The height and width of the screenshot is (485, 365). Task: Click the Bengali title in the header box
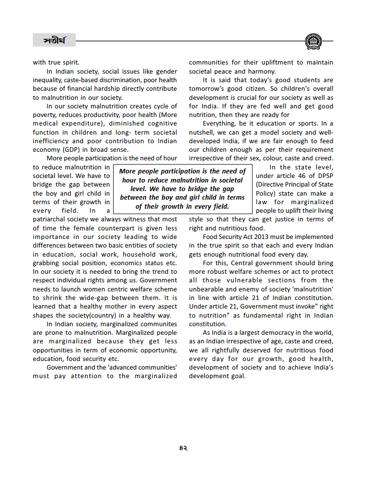point(54,40)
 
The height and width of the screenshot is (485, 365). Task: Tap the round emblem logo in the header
point(314,41)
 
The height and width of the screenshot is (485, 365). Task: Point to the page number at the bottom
point(183,448)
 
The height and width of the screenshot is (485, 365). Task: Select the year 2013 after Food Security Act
point(263,236)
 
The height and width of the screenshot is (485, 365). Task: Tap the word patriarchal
point(50,219)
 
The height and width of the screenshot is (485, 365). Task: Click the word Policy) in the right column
point(268,194)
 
